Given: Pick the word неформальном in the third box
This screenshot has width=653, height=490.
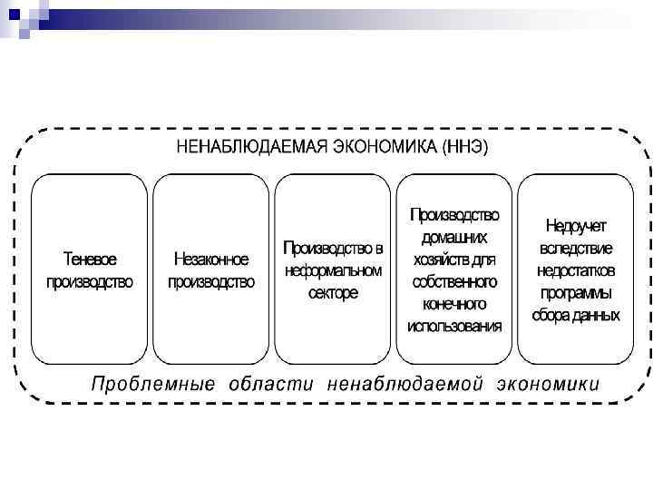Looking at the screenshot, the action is tap(333, 270).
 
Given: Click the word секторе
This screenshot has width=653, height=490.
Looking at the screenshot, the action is tap(333, 293).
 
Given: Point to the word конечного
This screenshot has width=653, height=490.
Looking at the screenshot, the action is tap(454, 304).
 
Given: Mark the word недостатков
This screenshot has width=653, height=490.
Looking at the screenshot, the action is tap(577, 270).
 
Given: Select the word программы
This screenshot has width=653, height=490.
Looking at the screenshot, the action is tap(577, 293).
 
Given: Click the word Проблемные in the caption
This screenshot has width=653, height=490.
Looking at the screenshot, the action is tap(153, 384).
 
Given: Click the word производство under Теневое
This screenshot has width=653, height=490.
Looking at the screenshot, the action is tap(90, 281).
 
